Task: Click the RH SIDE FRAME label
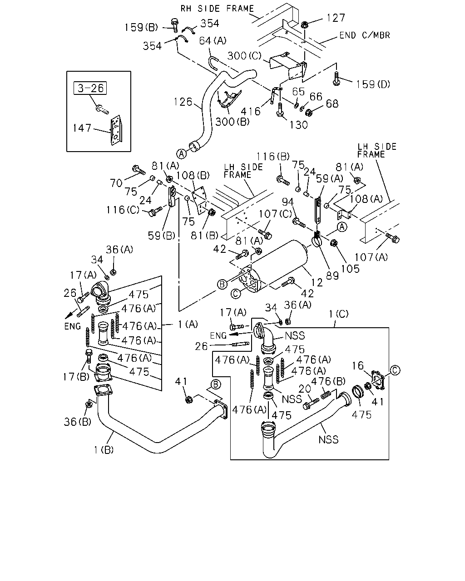click(x=217, y=9)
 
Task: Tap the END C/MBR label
click(x=365, y=35)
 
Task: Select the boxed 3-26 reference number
click(x=90, y=88)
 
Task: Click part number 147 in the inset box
click(x=82, y=128)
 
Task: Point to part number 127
click(x=336, y=18)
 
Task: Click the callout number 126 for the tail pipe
click(x=183, y=102)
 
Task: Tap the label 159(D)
click(x=373, y=84)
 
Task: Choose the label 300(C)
click(x=244, y=56)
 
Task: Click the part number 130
click(x=298, y=125)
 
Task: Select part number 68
click(x=332, y=103)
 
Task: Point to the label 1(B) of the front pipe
click(x=104, y=450)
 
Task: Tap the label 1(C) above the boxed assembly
click(x=339, y=314)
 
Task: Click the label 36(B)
click(x=78, y=422)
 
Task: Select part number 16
click(x=358, y=365)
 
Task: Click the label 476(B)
click(x=329, y=381)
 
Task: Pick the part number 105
click(x=351, y=269)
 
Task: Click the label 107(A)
click(x=371, y=257)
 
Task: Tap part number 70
click(x=116, y=183)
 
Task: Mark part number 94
click(x=288, y=202)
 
